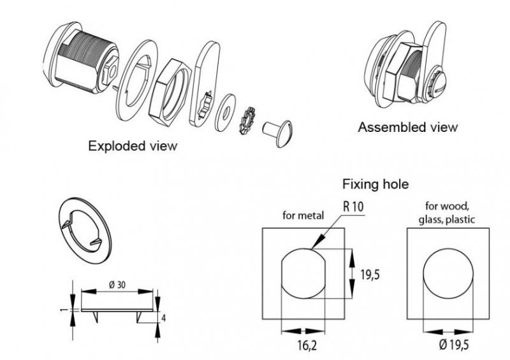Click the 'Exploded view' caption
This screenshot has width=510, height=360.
click(x=132, y=145)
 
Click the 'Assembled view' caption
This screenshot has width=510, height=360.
click(x=408, y=127)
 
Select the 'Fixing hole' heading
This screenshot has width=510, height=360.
click(x=375, y=185)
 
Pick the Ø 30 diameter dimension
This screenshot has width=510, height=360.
click(x=117, y=284)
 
